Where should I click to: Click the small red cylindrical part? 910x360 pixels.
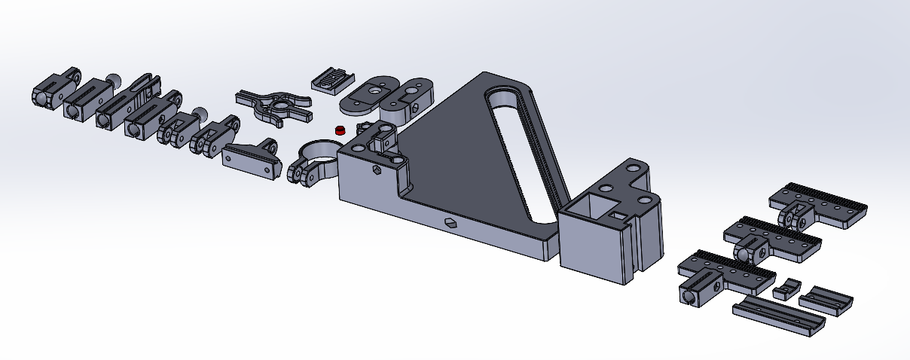pos(340,130)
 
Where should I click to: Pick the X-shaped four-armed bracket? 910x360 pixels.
pos(273,107)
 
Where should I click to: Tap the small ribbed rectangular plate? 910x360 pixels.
pos(332,78)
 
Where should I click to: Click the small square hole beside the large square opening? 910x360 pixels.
pos(618,215)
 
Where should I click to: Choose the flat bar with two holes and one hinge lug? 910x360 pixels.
pos(249,159)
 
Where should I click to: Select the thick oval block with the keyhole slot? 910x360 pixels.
pos(408,95)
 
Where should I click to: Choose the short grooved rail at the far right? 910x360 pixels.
pos(826,299)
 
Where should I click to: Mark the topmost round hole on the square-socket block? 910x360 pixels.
pos(634,166)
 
